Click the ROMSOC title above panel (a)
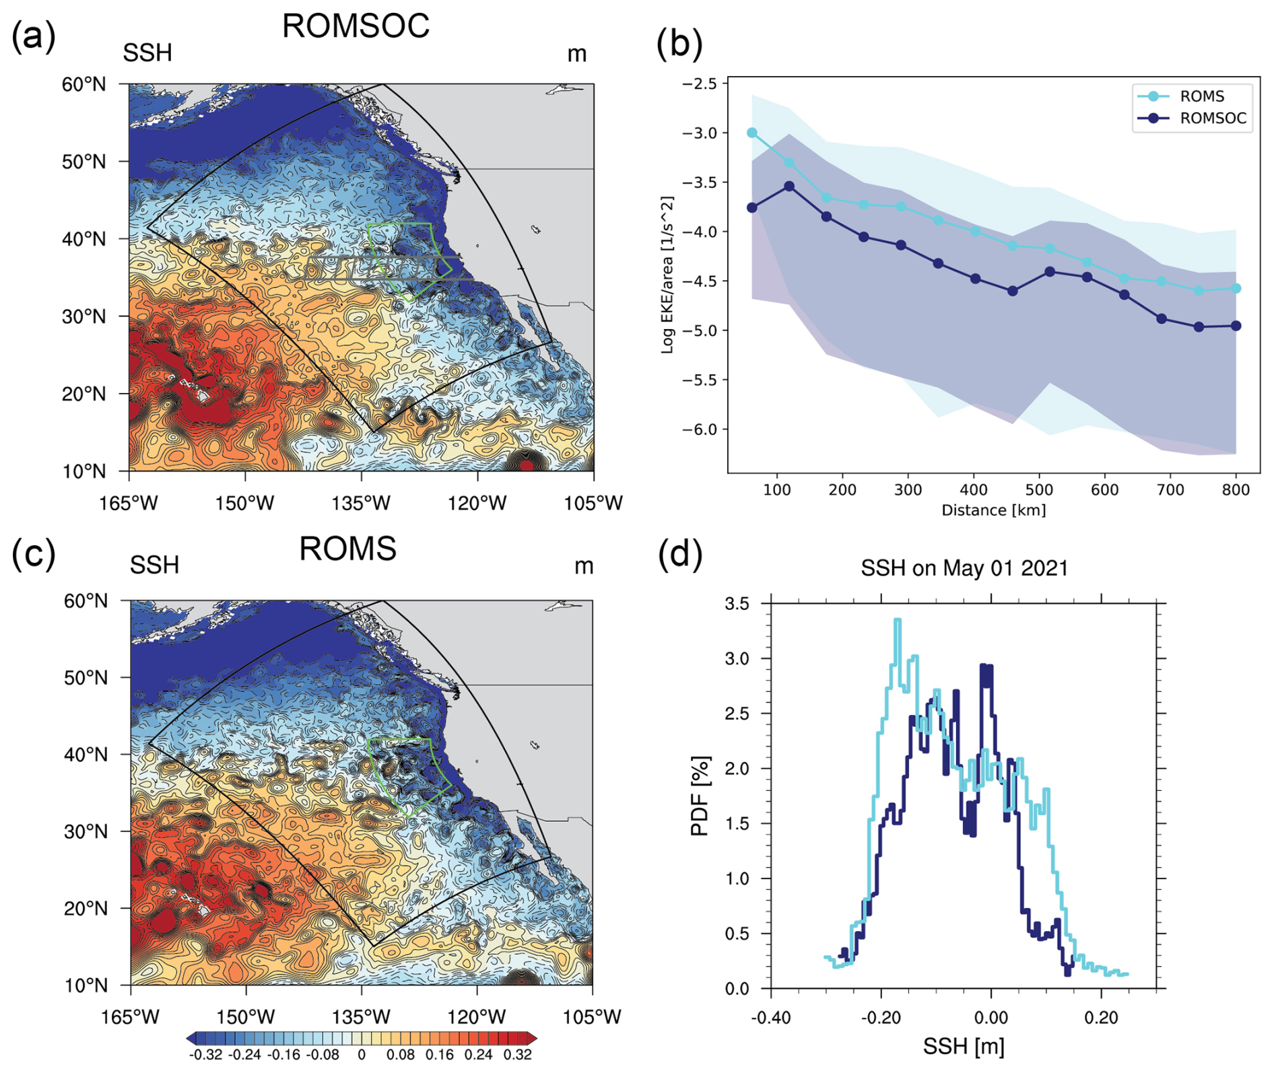pos(356,27)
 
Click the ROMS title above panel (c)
pos(347,549)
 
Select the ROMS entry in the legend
pos(1201,96)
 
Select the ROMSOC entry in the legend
pos(1212,118)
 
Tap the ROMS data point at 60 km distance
pos(752,133)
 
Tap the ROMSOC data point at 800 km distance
pos(1236,326)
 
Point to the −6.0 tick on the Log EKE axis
pos(700,429)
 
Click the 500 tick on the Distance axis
pos(1039,490)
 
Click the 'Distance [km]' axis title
pos(993,510)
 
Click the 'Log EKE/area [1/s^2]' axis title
pos(667,275)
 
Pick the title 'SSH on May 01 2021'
pos(964,568)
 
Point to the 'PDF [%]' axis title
pos(700,796)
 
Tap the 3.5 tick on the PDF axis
pos(737,604)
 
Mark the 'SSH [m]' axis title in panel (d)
pos(964,1047)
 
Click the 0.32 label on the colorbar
pos(517,1055)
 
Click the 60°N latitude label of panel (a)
pos(84,85)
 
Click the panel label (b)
pos(679,44)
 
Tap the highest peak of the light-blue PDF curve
pos(897,620)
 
